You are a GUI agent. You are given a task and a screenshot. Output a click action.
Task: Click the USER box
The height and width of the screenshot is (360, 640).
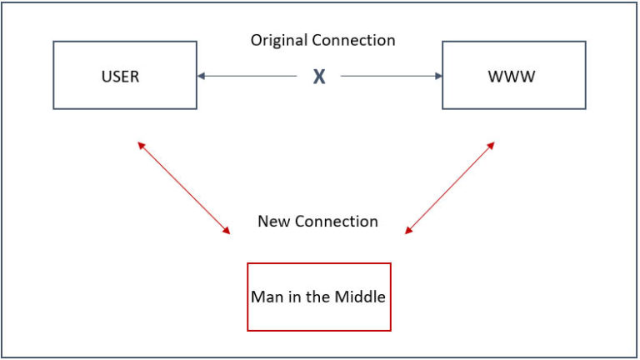click(x=125, y=75)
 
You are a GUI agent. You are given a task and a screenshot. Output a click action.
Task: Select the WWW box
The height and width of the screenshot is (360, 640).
click(x=514, y=75)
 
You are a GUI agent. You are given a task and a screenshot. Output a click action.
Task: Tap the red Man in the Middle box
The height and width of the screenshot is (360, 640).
click(x=319, y=297)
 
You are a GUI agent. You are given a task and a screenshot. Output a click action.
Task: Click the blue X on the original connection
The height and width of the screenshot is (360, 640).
click(x=319, y=77)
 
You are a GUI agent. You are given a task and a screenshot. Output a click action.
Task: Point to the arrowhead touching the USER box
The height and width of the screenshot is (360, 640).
click(x=201, y=76)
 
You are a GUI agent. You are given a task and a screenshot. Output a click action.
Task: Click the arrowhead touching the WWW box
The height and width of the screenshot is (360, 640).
click(x=438, y=76)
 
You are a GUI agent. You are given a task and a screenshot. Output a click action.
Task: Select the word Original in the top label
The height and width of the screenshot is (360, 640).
click(x=279, y=41)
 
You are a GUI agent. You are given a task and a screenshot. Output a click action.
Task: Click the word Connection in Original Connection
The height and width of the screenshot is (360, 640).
click(x=353, y=40)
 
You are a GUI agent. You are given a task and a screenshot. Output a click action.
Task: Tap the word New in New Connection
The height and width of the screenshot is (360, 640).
click(x=273, y=221)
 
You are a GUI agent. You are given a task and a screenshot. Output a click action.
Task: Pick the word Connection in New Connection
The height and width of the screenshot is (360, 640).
click(x=337, y=221)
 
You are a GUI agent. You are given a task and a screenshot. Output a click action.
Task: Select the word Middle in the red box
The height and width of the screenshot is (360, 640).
click(x=360, y=297)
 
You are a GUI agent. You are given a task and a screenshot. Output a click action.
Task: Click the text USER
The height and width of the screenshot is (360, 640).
click(x=120, y=77)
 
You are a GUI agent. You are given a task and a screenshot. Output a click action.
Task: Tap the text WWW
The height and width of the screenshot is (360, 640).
click(x=512, y=77)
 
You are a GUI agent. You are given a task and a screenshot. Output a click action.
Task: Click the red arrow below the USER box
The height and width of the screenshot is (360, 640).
click(x=183, y=187)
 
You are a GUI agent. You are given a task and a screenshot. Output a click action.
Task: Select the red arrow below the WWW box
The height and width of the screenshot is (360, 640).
click(x=450, y=187)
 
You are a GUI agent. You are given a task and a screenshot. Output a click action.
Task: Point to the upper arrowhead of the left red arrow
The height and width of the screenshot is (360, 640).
click(x=141, y=145)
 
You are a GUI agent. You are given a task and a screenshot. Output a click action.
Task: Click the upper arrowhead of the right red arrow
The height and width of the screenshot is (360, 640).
click(x=492, y=145)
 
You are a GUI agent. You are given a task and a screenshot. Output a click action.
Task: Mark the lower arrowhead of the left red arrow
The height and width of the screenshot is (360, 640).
click(x=227, y=231)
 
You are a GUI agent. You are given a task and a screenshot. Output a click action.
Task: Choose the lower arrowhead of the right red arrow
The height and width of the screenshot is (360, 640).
click(x=408, y=231)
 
